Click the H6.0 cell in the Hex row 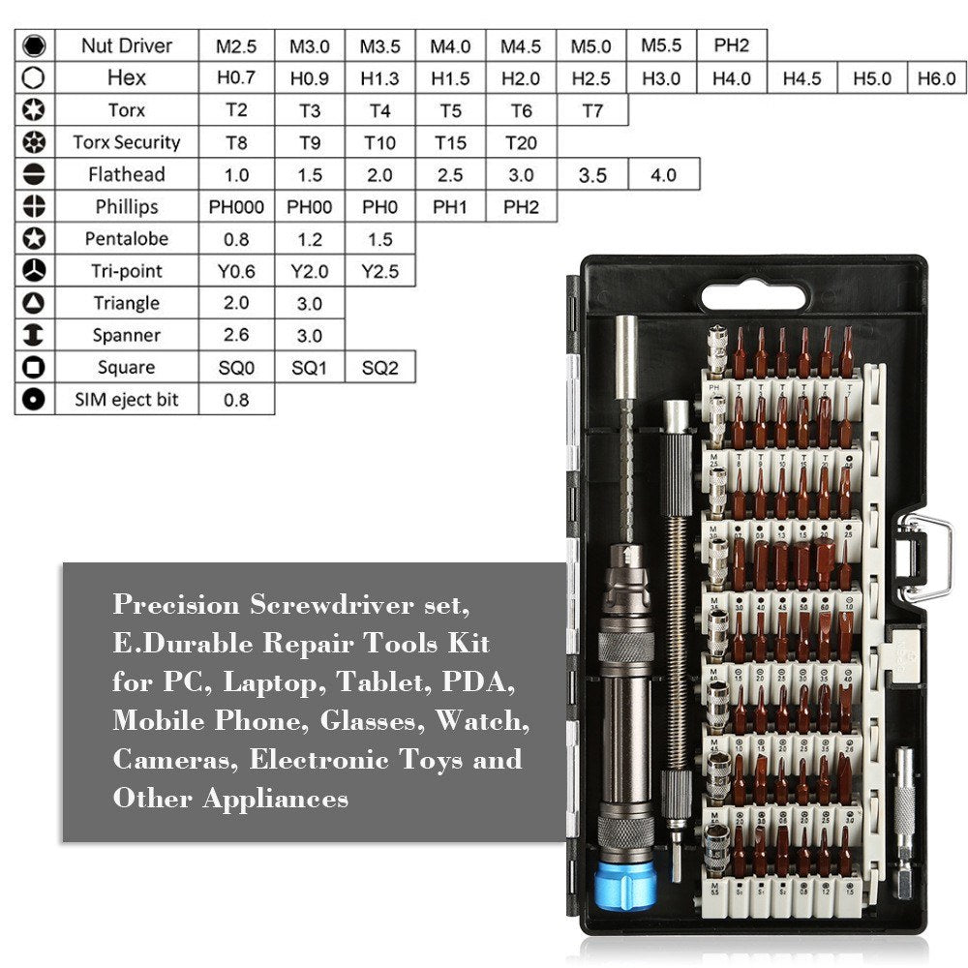[x=937, y=78]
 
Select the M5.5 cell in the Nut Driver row [x=661, y=45]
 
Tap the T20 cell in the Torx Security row [x=521, y=143]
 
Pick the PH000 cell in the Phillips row [x=236, y=207]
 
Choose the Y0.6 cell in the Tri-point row [x=236, y=271]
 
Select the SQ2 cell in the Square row [x=379, y=368]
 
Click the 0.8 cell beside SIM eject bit [x=236, y=400]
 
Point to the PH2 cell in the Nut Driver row [x=732, y=45]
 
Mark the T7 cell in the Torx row [x=592, y=110]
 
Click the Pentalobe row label [x=126, y=239]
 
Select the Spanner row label [x=126, y=335]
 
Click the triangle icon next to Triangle [x=34, y=303]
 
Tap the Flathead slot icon [x=34, y=175]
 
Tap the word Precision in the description [x=176, y=605]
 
